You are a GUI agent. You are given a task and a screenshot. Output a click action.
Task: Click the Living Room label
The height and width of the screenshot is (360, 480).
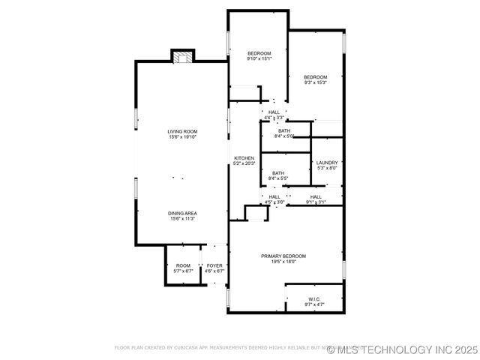pos(182,131)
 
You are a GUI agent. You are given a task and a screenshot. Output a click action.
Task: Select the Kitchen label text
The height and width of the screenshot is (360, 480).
pos(244,158)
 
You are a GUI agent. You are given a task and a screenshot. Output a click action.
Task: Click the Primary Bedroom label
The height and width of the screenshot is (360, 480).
pos(283,256)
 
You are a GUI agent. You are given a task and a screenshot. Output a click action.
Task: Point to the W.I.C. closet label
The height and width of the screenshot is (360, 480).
pos(313,299)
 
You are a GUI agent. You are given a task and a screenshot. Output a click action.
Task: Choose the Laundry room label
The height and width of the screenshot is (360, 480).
pos(327,163)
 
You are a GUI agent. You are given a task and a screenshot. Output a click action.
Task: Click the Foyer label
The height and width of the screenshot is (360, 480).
pos(214,265)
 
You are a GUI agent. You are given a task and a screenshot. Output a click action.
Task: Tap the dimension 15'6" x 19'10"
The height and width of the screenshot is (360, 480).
pos(182,137)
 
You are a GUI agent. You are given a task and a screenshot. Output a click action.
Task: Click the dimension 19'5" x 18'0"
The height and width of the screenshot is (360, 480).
pos(283,262)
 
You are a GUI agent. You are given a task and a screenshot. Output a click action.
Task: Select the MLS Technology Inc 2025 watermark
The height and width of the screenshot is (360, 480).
pos(407,349)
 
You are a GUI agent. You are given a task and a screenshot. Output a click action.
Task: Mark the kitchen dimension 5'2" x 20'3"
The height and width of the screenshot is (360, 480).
pos(244,163)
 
